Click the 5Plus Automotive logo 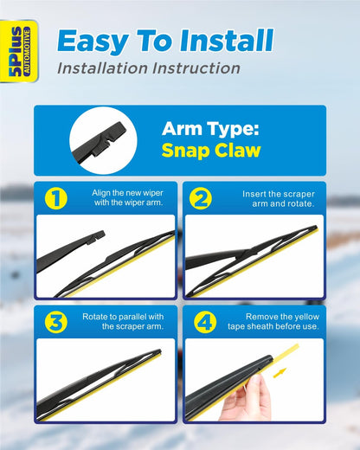coord(19,51)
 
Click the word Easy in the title coord(93,42)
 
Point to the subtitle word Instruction coord(196,68)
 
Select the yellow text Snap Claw coord(211,151)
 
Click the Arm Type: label coord(210,129)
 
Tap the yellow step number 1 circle coord(56,198)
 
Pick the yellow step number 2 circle coord(201,198)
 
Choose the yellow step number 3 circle coord(56,322)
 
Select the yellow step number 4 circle coord(205,322)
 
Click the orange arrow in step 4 coord(280,373)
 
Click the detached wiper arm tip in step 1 coord(96,236)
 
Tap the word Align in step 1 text coord(100,193)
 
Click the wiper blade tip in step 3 coord(158,351)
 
